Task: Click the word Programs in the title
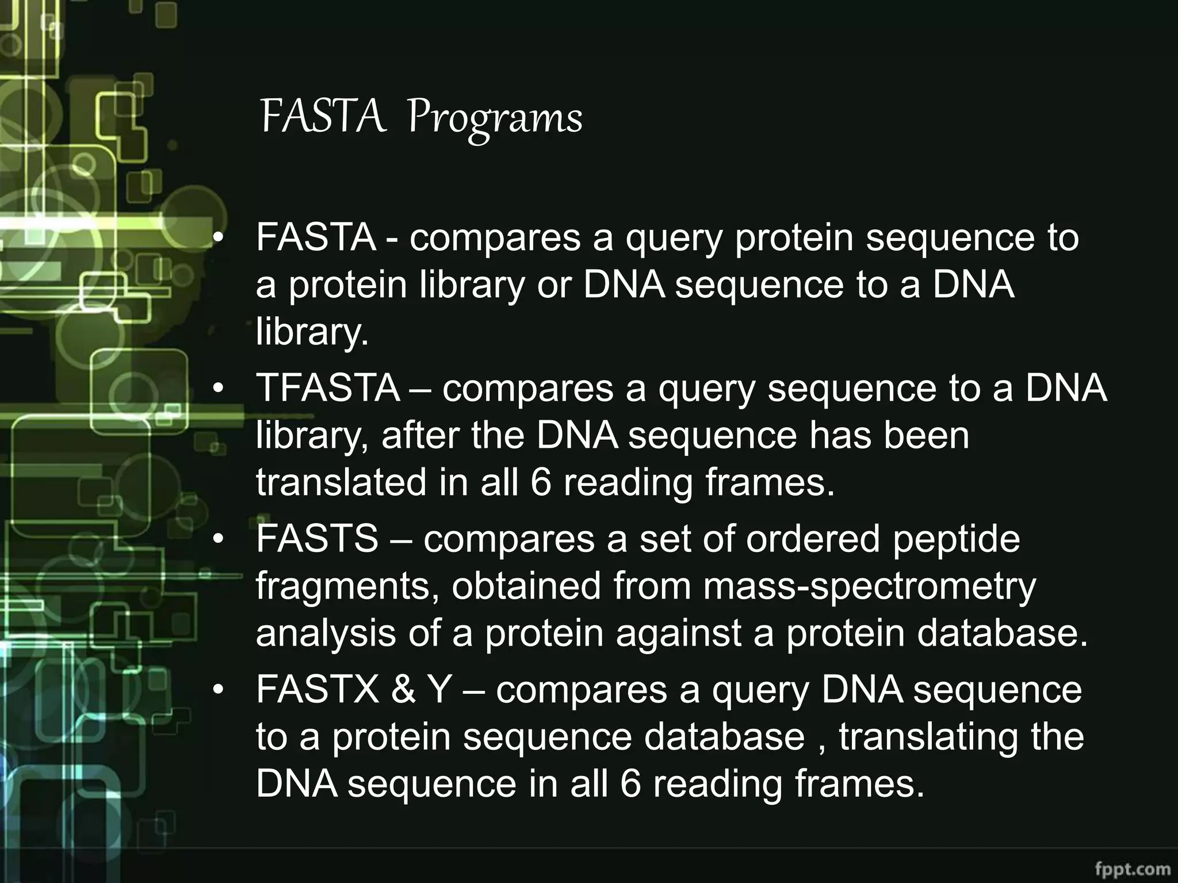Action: click(495, 118)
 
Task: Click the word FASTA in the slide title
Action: click(323, 117)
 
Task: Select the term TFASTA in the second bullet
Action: click(328, 388)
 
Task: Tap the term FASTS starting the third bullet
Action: click(317, 539)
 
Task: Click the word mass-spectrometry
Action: click(869, 586)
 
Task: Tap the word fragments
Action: click(347, 586)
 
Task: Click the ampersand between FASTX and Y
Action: click(403, 689)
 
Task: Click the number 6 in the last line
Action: click(630, 784)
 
